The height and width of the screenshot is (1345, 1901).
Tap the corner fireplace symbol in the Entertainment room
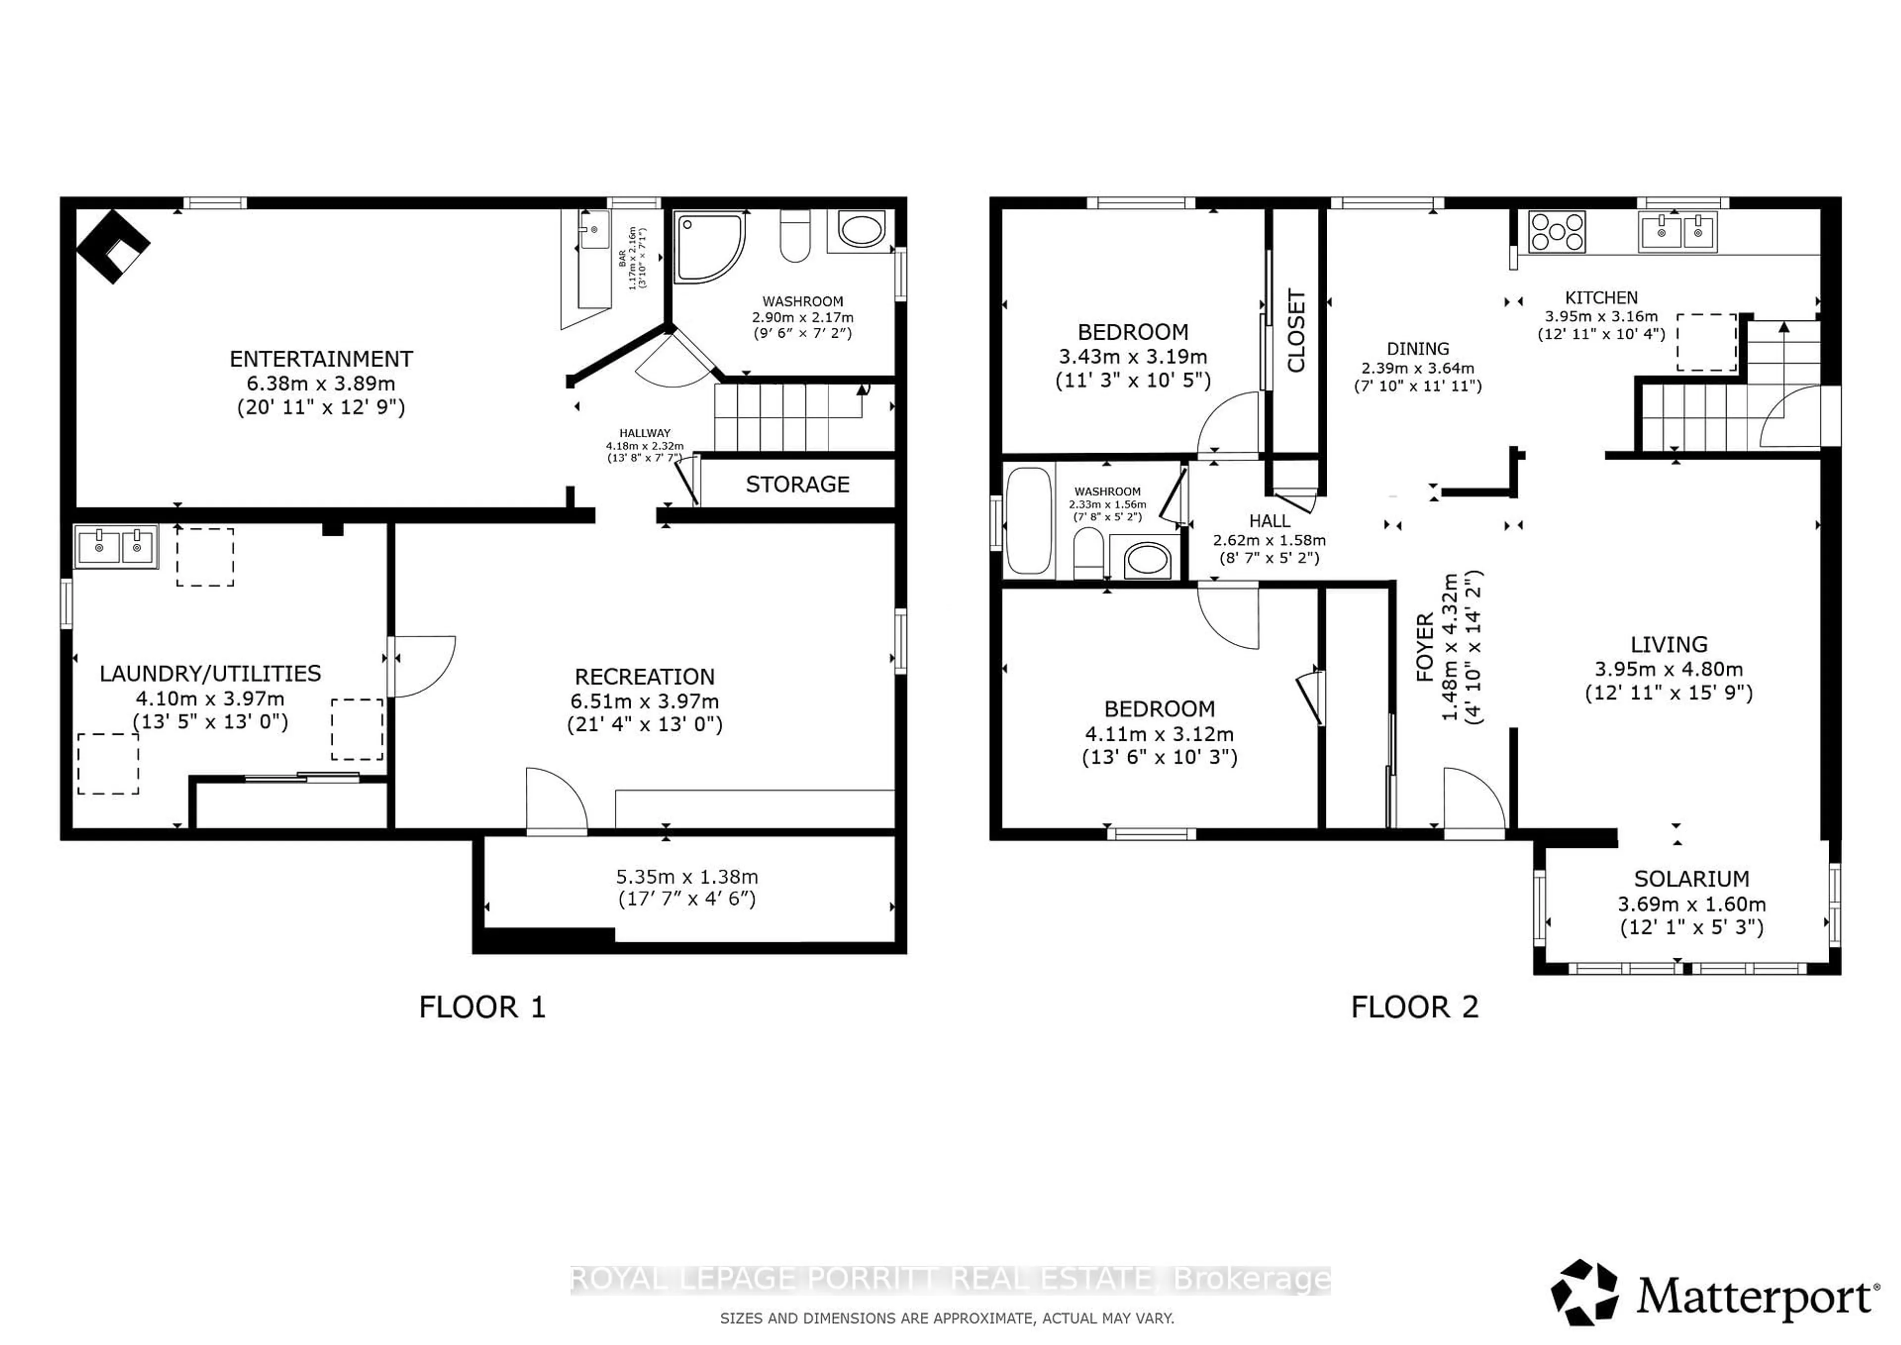(x=113, y=246)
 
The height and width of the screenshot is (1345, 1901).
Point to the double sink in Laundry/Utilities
(x=116, y=547)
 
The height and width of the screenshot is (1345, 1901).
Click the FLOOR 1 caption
(x=482, y=1007)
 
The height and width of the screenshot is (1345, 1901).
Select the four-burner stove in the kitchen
(x=1556, y=232)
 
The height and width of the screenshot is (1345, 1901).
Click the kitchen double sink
(x=1677, y=232)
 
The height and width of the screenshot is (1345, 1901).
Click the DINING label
(x=1417, y=349)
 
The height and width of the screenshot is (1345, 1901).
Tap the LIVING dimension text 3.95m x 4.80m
(x=1668, y=669)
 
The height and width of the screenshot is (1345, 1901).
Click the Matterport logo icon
(x=1583, y=1293)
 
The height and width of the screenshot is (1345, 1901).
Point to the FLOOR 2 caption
(x=1414, y=1007)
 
